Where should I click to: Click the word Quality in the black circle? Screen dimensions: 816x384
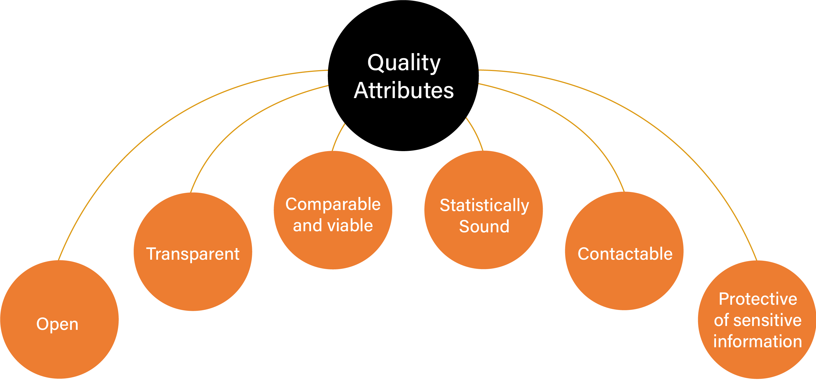(404, 63)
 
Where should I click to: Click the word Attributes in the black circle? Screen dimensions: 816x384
(404, 90)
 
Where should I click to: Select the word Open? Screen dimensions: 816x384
(57, 324)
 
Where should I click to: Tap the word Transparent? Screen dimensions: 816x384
(193, 254)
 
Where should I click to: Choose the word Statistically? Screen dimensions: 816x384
(484, 205)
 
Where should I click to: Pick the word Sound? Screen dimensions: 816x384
(484, 226)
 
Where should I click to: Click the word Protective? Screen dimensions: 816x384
(758, 299)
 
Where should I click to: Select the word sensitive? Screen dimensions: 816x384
(768, 320)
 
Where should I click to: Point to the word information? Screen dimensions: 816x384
(758, 341)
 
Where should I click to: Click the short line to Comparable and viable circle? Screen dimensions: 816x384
(337, 136)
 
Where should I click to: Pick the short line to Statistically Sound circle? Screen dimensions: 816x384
(475, 133)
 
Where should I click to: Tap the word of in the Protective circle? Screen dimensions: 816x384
(722, 320)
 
